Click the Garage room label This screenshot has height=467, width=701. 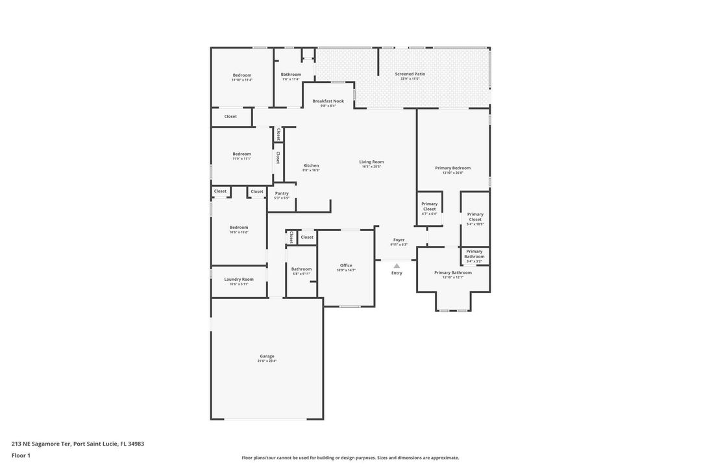pos(267,356)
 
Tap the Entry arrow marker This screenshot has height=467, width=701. pos(397,265)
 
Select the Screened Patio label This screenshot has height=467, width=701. pos(410,74)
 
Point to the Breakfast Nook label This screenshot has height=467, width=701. pos(328,101)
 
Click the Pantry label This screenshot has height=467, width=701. pos(282,193)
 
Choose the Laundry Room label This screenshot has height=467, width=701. pos(239,280)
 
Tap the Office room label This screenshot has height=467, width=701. pos(346,265)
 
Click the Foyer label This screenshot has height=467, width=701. pos(399,240)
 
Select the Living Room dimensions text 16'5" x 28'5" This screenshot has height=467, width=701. pos(371,167)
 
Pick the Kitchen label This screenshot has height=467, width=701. pos(311,165)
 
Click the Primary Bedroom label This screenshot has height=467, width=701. pos(452,168)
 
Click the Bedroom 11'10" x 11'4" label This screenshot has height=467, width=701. pos(241,75)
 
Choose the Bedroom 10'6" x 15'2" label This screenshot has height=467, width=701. pos(238,228)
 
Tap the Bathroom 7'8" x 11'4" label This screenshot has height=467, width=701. pos(291,75)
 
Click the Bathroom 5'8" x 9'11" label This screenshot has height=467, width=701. pos(301,269)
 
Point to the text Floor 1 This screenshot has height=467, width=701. pos(21,455)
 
